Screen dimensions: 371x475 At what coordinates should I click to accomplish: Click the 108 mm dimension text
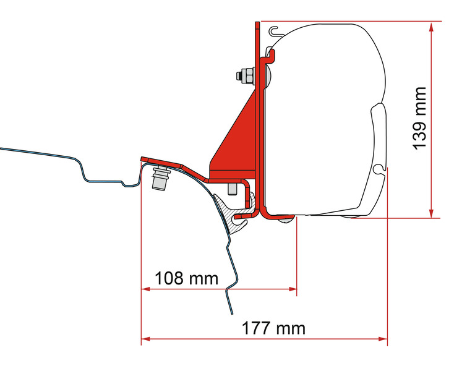tap(186, 278)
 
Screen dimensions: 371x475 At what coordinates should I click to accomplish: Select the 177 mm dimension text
tap(273, 328)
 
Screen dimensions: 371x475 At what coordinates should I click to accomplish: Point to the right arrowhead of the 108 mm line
tap(294, 289)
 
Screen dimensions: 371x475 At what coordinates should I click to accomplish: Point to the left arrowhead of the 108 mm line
tap(145, 289)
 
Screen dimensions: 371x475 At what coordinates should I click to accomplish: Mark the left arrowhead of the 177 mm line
tap(145, 338)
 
